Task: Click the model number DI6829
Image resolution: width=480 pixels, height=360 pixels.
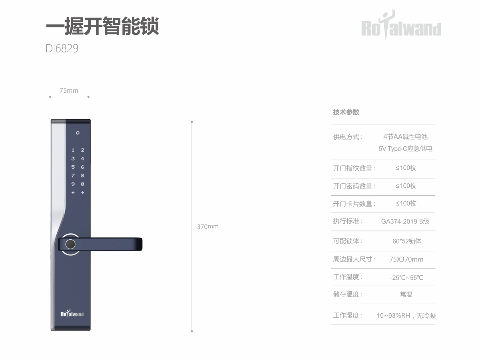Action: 62,48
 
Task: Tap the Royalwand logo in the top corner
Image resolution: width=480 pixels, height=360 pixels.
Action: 401,26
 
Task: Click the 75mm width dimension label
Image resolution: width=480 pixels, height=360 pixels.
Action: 69,90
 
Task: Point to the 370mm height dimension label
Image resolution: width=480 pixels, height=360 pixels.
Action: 208,227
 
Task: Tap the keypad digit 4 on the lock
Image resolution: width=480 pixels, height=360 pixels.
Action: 82,159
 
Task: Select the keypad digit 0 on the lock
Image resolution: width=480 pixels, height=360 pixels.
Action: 82,184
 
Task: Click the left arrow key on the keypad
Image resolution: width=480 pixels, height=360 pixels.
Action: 73,193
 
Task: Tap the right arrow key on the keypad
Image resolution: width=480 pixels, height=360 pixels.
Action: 82,193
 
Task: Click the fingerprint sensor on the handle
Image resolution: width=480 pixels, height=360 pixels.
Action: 70,245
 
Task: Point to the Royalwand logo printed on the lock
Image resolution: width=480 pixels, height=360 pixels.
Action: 72,313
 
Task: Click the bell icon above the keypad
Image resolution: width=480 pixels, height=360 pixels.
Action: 78,133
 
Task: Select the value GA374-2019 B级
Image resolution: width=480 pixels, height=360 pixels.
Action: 405,221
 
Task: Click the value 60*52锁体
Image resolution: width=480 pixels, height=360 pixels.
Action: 407,241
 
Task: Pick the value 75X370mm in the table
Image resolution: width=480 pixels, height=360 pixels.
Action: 406,259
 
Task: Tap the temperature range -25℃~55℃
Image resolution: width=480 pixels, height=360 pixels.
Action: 406,278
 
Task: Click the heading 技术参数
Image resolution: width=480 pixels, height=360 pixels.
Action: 346,112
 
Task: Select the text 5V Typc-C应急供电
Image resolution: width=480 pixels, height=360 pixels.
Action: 405,149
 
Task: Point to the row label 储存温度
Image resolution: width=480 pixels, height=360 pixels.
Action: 346,294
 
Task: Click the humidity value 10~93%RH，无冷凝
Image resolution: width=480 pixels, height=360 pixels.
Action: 406,315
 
